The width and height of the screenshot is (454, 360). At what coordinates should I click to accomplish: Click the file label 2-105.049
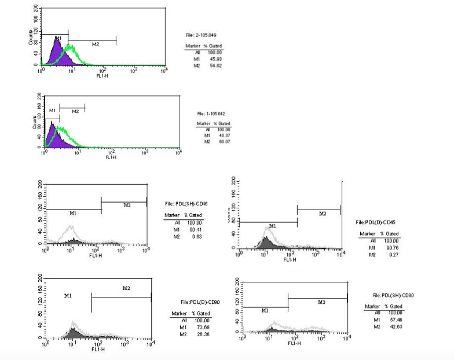pyautogui.click(x=200, y=36)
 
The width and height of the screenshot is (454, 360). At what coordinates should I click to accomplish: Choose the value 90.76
pyautogui.click(x=394, y=247)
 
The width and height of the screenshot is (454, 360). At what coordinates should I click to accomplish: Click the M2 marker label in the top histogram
pyautogui.click(x=96, y=44)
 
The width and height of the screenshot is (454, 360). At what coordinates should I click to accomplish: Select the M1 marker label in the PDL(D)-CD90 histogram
pyautogui.click(x=68, y=295)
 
